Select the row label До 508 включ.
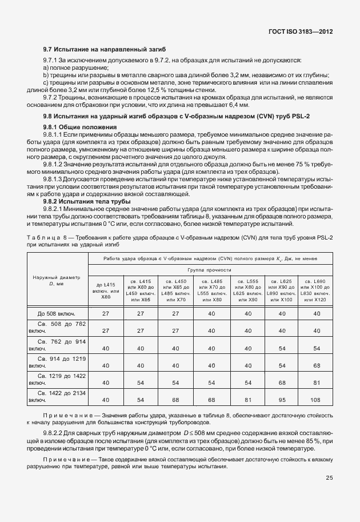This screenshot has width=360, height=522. coord(57,313)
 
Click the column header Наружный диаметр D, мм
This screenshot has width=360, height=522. coord(57,280)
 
